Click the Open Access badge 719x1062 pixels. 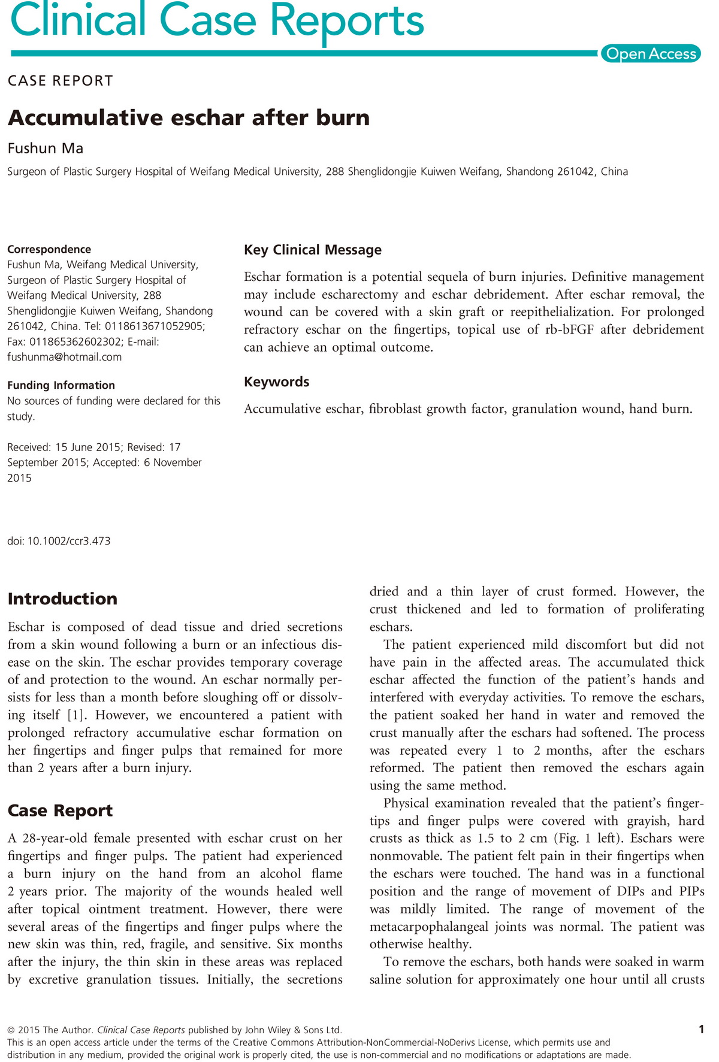[x=651, y=54]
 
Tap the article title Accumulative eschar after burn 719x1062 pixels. [x=189, y=118]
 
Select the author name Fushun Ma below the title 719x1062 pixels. [x=46, y=149]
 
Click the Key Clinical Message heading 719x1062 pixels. [x=312, y=250]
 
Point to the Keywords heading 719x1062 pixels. [x=276, y=382]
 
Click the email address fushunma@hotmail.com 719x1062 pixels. [x=64, y=357]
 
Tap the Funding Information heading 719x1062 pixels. [x=61, y=385]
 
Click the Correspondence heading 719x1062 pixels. [x=49, y=250]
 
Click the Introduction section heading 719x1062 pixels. [x=62, y=599]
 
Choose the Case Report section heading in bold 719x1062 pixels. [x=60, y=810]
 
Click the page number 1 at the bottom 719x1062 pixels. [x=701, y=1030]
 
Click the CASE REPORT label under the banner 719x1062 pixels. [x=61, y=81]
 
